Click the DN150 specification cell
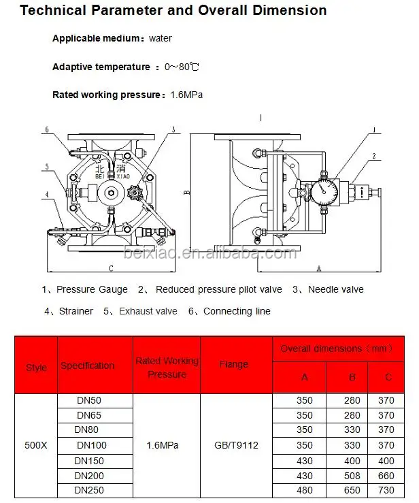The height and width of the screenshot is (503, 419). (x=88, y=461)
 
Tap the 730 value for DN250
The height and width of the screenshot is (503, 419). (x=385, y=491)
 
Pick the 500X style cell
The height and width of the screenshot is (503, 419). (x=36, y=446)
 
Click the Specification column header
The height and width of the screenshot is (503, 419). (x=88, y=366)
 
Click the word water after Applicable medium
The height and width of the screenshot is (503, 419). (x=161, y=39)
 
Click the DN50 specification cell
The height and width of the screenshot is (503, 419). (x=88, y=401)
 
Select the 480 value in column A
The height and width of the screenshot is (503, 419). (x=305, y=491)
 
